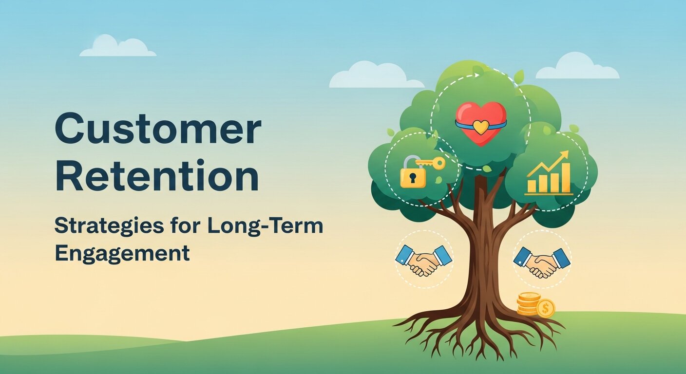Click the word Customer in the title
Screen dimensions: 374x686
click(x=157, y=129)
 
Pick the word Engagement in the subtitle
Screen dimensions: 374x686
click(x=122, y=253)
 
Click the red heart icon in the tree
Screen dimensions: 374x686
click(x=480, y=123)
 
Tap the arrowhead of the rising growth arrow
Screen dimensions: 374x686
click(x=565, y=155)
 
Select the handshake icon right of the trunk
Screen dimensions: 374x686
click(x=542, y=262)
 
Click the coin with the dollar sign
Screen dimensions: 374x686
click(x=545, y=308)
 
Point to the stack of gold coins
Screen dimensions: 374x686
click(x=528, y=304)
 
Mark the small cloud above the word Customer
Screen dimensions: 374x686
click(x=117, y=47)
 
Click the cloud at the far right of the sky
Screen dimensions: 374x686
click(x=578, y=67)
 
